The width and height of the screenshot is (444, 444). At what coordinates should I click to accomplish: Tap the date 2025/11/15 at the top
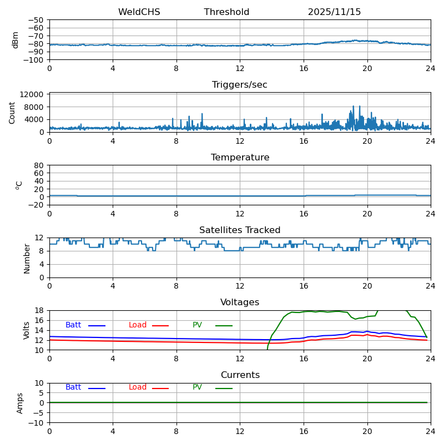tap(334, 12)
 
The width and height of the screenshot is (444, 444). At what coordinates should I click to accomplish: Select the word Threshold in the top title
tap(226, 12)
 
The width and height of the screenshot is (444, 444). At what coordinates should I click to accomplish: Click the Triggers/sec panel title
tap(240, 85)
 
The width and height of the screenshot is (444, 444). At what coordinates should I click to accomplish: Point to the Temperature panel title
tap(240, 158)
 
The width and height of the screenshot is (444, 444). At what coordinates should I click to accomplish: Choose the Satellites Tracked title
tap(240, 230)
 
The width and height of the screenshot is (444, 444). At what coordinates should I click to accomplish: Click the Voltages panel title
tap(240, 302)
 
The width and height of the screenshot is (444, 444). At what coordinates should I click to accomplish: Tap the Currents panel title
tap(240, 375)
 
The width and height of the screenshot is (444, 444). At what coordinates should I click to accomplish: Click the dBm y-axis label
tap(16, 40)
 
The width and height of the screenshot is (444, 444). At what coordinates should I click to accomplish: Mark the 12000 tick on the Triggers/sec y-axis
tap(32, 95)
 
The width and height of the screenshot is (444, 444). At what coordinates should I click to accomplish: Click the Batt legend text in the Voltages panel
tap(73, 325)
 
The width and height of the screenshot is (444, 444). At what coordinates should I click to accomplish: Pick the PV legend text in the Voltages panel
tap(197, 325)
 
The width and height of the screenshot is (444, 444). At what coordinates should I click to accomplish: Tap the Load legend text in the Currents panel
tap(138, 387)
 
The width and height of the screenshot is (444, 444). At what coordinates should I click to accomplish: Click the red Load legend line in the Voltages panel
tap(160, 326)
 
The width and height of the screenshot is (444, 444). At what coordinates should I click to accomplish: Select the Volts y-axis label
tap(27, 330)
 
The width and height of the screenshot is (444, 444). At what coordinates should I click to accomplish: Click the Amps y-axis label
tap(20, 403)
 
